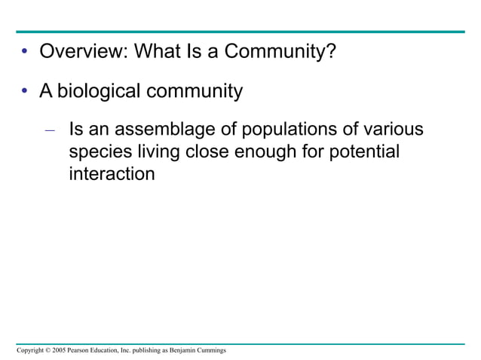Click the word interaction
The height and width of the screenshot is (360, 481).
pos(112,174)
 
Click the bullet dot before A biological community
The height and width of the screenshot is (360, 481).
pos(25,93)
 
